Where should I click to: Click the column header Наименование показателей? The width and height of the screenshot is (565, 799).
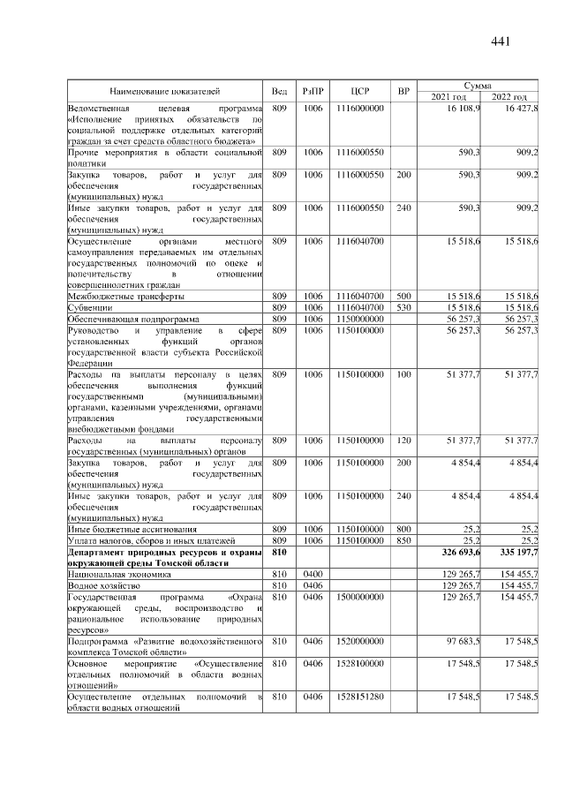coord(164,91)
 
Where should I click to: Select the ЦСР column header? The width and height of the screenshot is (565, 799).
coord(359,91)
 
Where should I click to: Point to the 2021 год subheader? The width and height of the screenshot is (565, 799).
coord(448,96)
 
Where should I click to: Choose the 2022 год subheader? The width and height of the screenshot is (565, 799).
coord(508,96)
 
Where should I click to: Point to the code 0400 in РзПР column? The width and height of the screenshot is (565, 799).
coord(313,573)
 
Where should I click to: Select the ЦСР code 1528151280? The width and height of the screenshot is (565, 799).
coord(359,697)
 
